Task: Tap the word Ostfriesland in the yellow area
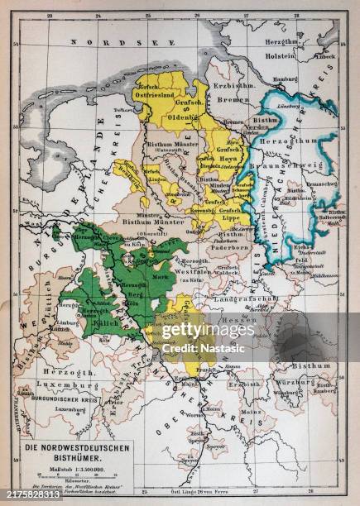point(159,97)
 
